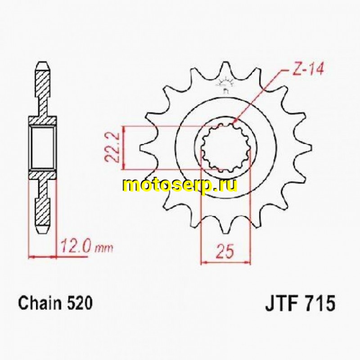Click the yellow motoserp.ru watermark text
[180, 185]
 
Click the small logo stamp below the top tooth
[225, 85]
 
